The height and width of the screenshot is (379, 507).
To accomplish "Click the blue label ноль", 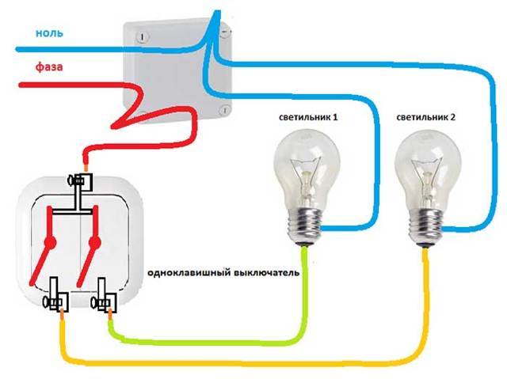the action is click(49, 32).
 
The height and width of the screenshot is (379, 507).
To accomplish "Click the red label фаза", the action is click(49, 66).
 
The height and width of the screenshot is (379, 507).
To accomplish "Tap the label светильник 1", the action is click(308, 117).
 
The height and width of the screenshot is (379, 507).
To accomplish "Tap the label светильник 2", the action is click(426, 117).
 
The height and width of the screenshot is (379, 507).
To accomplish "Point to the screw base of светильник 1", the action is click(304, 226).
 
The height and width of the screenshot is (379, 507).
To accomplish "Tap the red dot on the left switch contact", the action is click(49, 242).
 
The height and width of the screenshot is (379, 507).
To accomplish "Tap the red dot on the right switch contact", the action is click(95, 242).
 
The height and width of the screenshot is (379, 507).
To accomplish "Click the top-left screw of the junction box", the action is click(143, 36).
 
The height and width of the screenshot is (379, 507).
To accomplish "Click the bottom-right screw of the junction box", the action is click(225, 110).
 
